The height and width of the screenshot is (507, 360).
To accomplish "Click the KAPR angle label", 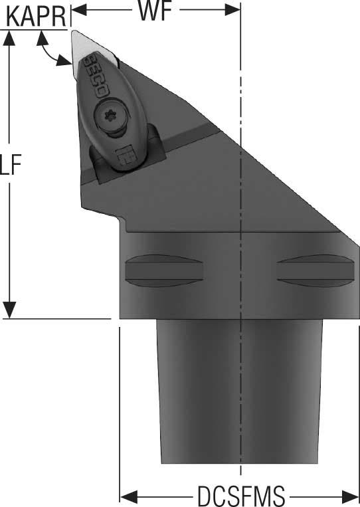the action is pyautogui.click(x=36, y=17).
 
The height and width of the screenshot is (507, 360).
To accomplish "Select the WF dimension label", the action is pyautogui.click(x=155, y=11).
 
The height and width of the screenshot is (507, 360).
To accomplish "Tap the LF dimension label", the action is pyautogui.click(x=11, y=165).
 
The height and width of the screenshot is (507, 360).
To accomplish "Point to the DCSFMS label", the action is pyautogui.click(x=241, y=496).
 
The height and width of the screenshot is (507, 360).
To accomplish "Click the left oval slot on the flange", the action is pyautogui.click(x=164, y=270).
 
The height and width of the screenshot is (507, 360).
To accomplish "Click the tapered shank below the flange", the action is pyautogui.click(x=240, y=391).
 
